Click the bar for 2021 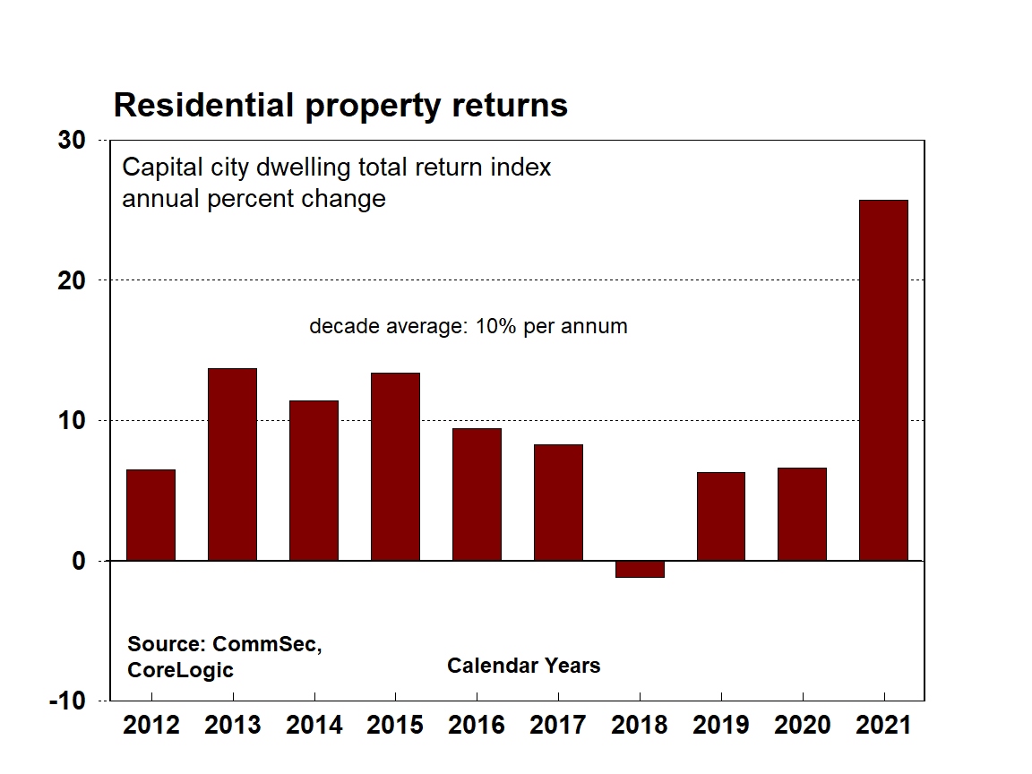pyautogui.click(x=882, y=380)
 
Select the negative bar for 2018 pyautogui.click(x=639, y=569)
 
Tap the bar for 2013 pyautogui.click(x=232, y=464)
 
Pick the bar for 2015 pyautogui.click(x=395, y=467)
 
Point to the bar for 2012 pyautogui.click(x=150, y=515)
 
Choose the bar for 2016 pyautogui.click(x=477, y=494)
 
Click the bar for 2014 pyautogui.click(x=314, y=480)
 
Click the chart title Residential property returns pyautogui.click(x=340, y=106)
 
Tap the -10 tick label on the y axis pyautogui.click(x=68, y=701)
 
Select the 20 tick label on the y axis pyautogui.click(x=73, y=281)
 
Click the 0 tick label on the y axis pyautogui.click(x=79, y=562)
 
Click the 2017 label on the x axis pyautogui.click(x=557, y=725)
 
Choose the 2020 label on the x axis pyautogui.click(x=802, y=725)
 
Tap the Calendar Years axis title pyautogui.click(x=523, y=666)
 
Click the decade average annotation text pyautogui.click(x=468, y=326)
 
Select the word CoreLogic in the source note pyautogui.click(x=180, y=669)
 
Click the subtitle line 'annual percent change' pyautogui.click(x=254, y=198)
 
